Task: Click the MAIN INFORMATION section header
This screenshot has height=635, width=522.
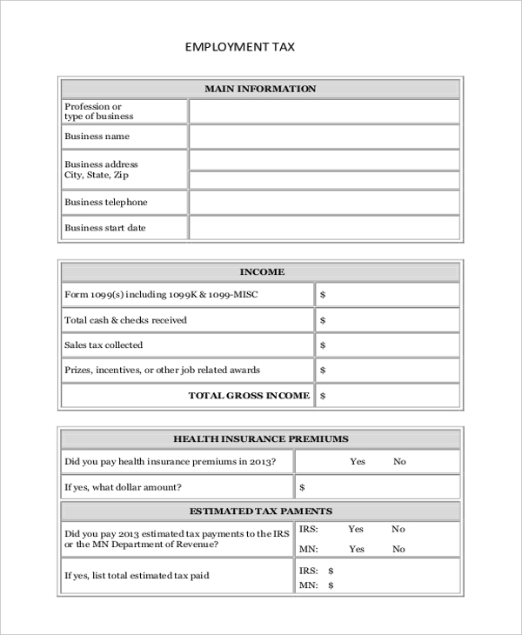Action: (260, 89)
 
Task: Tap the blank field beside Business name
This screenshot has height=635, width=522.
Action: (324, 137)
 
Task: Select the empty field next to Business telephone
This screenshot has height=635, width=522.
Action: (324, 202)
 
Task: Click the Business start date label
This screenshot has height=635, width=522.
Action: (104, 228)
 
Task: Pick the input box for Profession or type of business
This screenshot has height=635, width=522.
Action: (324, 111)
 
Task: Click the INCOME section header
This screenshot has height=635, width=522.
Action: (261, 272)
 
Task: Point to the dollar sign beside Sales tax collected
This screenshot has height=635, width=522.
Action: (323, 345)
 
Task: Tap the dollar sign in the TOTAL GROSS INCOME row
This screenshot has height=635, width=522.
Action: (323, 396)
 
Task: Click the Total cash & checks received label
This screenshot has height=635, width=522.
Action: (125, 320)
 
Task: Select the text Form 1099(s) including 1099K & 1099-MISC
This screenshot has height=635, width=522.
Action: (161, 295)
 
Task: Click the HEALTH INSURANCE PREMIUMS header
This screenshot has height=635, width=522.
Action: (260, 439)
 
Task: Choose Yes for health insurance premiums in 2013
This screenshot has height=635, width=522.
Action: (358, 462)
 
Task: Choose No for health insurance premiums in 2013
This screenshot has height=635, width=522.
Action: (399, 462)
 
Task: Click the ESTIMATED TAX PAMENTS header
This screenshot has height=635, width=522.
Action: (260, 511)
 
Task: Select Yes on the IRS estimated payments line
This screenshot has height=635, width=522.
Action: (356, 529)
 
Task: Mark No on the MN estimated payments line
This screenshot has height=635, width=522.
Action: (398, 549)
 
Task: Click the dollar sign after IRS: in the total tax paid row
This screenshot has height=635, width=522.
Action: (331, 571)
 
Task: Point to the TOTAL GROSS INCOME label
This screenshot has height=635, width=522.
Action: (249, 396)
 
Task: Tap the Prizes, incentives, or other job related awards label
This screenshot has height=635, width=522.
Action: (162, 371)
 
